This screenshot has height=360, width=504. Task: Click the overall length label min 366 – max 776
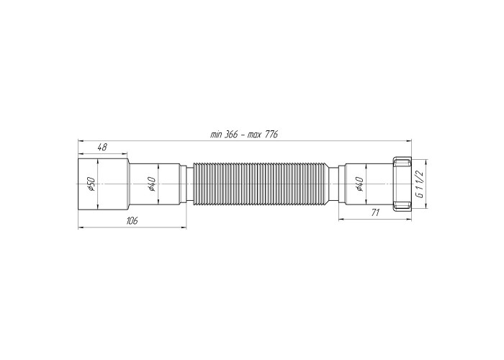(x=243, y=135)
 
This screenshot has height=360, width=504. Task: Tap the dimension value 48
(x=102, y=148)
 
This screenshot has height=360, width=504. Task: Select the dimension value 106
(x=132, y=221)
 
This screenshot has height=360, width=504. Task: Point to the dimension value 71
(x=375, y=212)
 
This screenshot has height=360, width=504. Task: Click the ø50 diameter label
(x=91, y=184)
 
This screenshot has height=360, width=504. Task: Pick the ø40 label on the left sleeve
(x=152, y=184)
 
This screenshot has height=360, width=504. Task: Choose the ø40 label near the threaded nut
(x=360, y=184)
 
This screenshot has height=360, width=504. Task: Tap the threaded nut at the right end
(x=402, y=184)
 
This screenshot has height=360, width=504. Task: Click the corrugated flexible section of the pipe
(x=261, y=184)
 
